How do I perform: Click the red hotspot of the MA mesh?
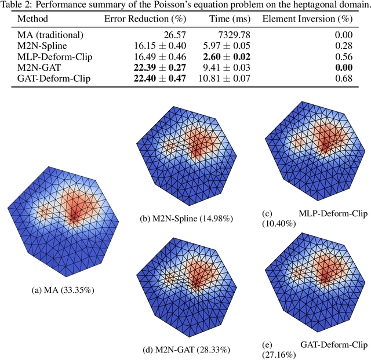click(74, 212)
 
